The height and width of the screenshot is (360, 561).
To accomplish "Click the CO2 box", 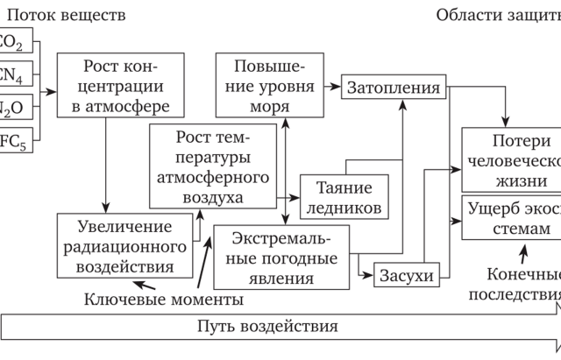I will coord(16,42).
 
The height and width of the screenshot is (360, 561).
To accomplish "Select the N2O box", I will coord(16,109).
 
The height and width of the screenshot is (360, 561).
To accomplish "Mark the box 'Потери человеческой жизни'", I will coord(511,160).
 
